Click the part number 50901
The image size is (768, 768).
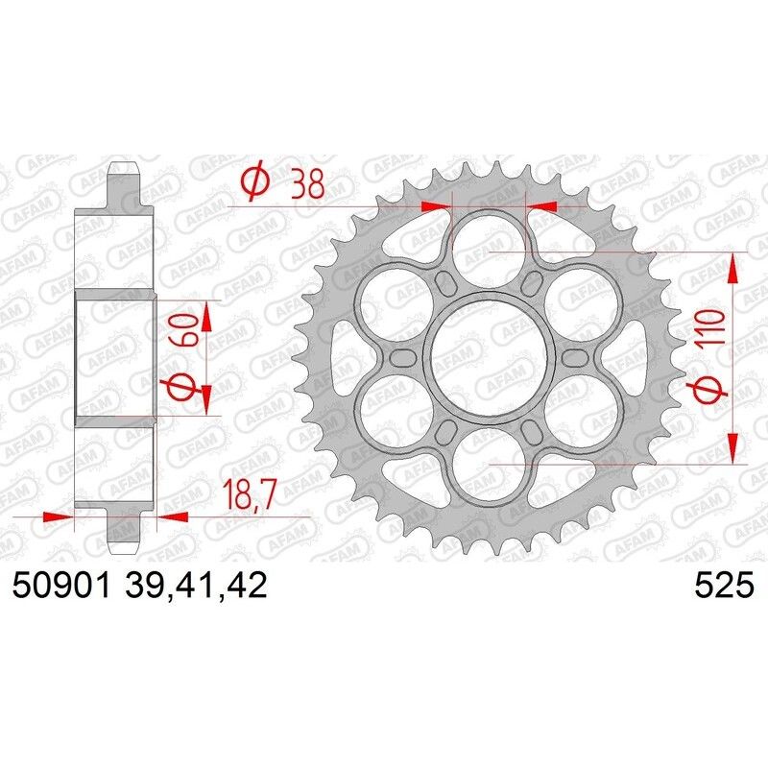(63, 585)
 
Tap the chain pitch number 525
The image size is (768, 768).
(726, 585)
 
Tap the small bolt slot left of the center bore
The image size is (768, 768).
(400, 357)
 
